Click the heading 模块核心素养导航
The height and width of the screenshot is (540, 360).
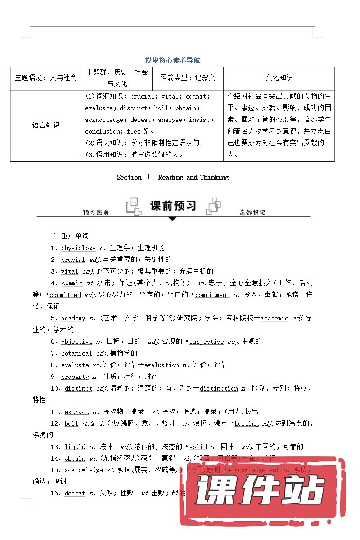173,60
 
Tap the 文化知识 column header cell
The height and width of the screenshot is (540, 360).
279,77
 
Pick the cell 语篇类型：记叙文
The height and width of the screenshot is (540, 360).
188,77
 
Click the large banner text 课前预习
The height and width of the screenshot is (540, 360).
173,206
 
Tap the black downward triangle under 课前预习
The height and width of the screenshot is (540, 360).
172,219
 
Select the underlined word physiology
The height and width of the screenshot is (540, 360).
79,248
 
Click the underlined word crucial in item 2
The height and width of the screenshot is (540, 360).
73,260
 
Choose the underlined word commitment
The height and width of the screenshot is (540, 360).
212,295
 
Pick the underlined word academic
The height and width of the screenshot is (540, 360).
274,318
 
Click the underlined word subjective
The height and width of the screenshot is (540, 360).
207,342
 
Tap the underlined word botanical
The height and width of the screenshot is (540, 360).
76,353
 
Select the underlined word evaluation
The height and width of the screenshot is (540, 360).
162,365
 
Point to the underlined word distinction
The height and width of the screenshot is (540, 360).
219,388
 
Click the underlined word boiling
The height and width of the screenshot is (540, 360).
247,423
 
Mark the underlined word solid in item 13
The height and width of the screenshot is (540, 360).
198,447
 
